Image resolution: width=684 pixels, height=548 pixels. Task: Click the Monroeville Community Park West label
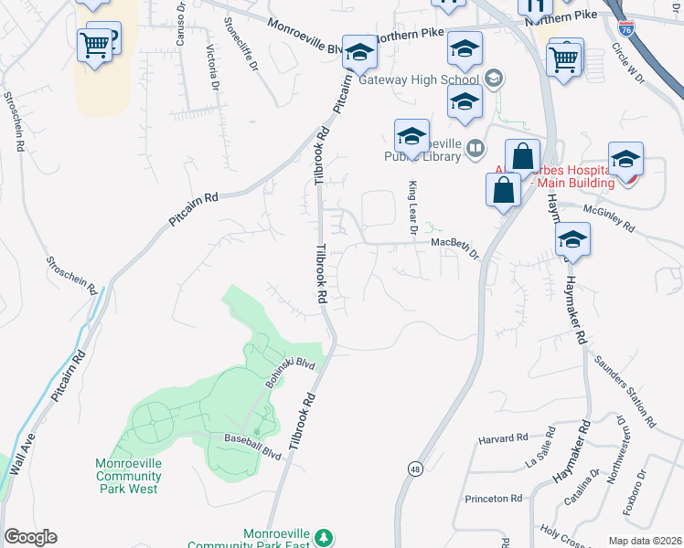coord(129,476)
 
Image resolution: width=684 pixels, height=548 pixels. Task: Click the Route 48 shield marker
coord(415,468)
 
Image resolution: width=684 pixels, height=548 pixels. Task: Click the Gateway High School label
coord(420,79)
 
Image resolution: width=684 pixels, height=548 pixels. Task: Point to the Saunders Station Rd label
coord(625,390)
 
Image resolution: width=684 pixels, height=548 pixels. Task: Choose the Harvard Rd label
coord(504,439)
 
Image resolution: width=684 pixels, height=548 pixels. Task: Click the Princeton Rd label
coord(493,499)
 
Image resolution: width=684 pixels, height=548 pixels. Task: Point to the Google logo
coord(30,537)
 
